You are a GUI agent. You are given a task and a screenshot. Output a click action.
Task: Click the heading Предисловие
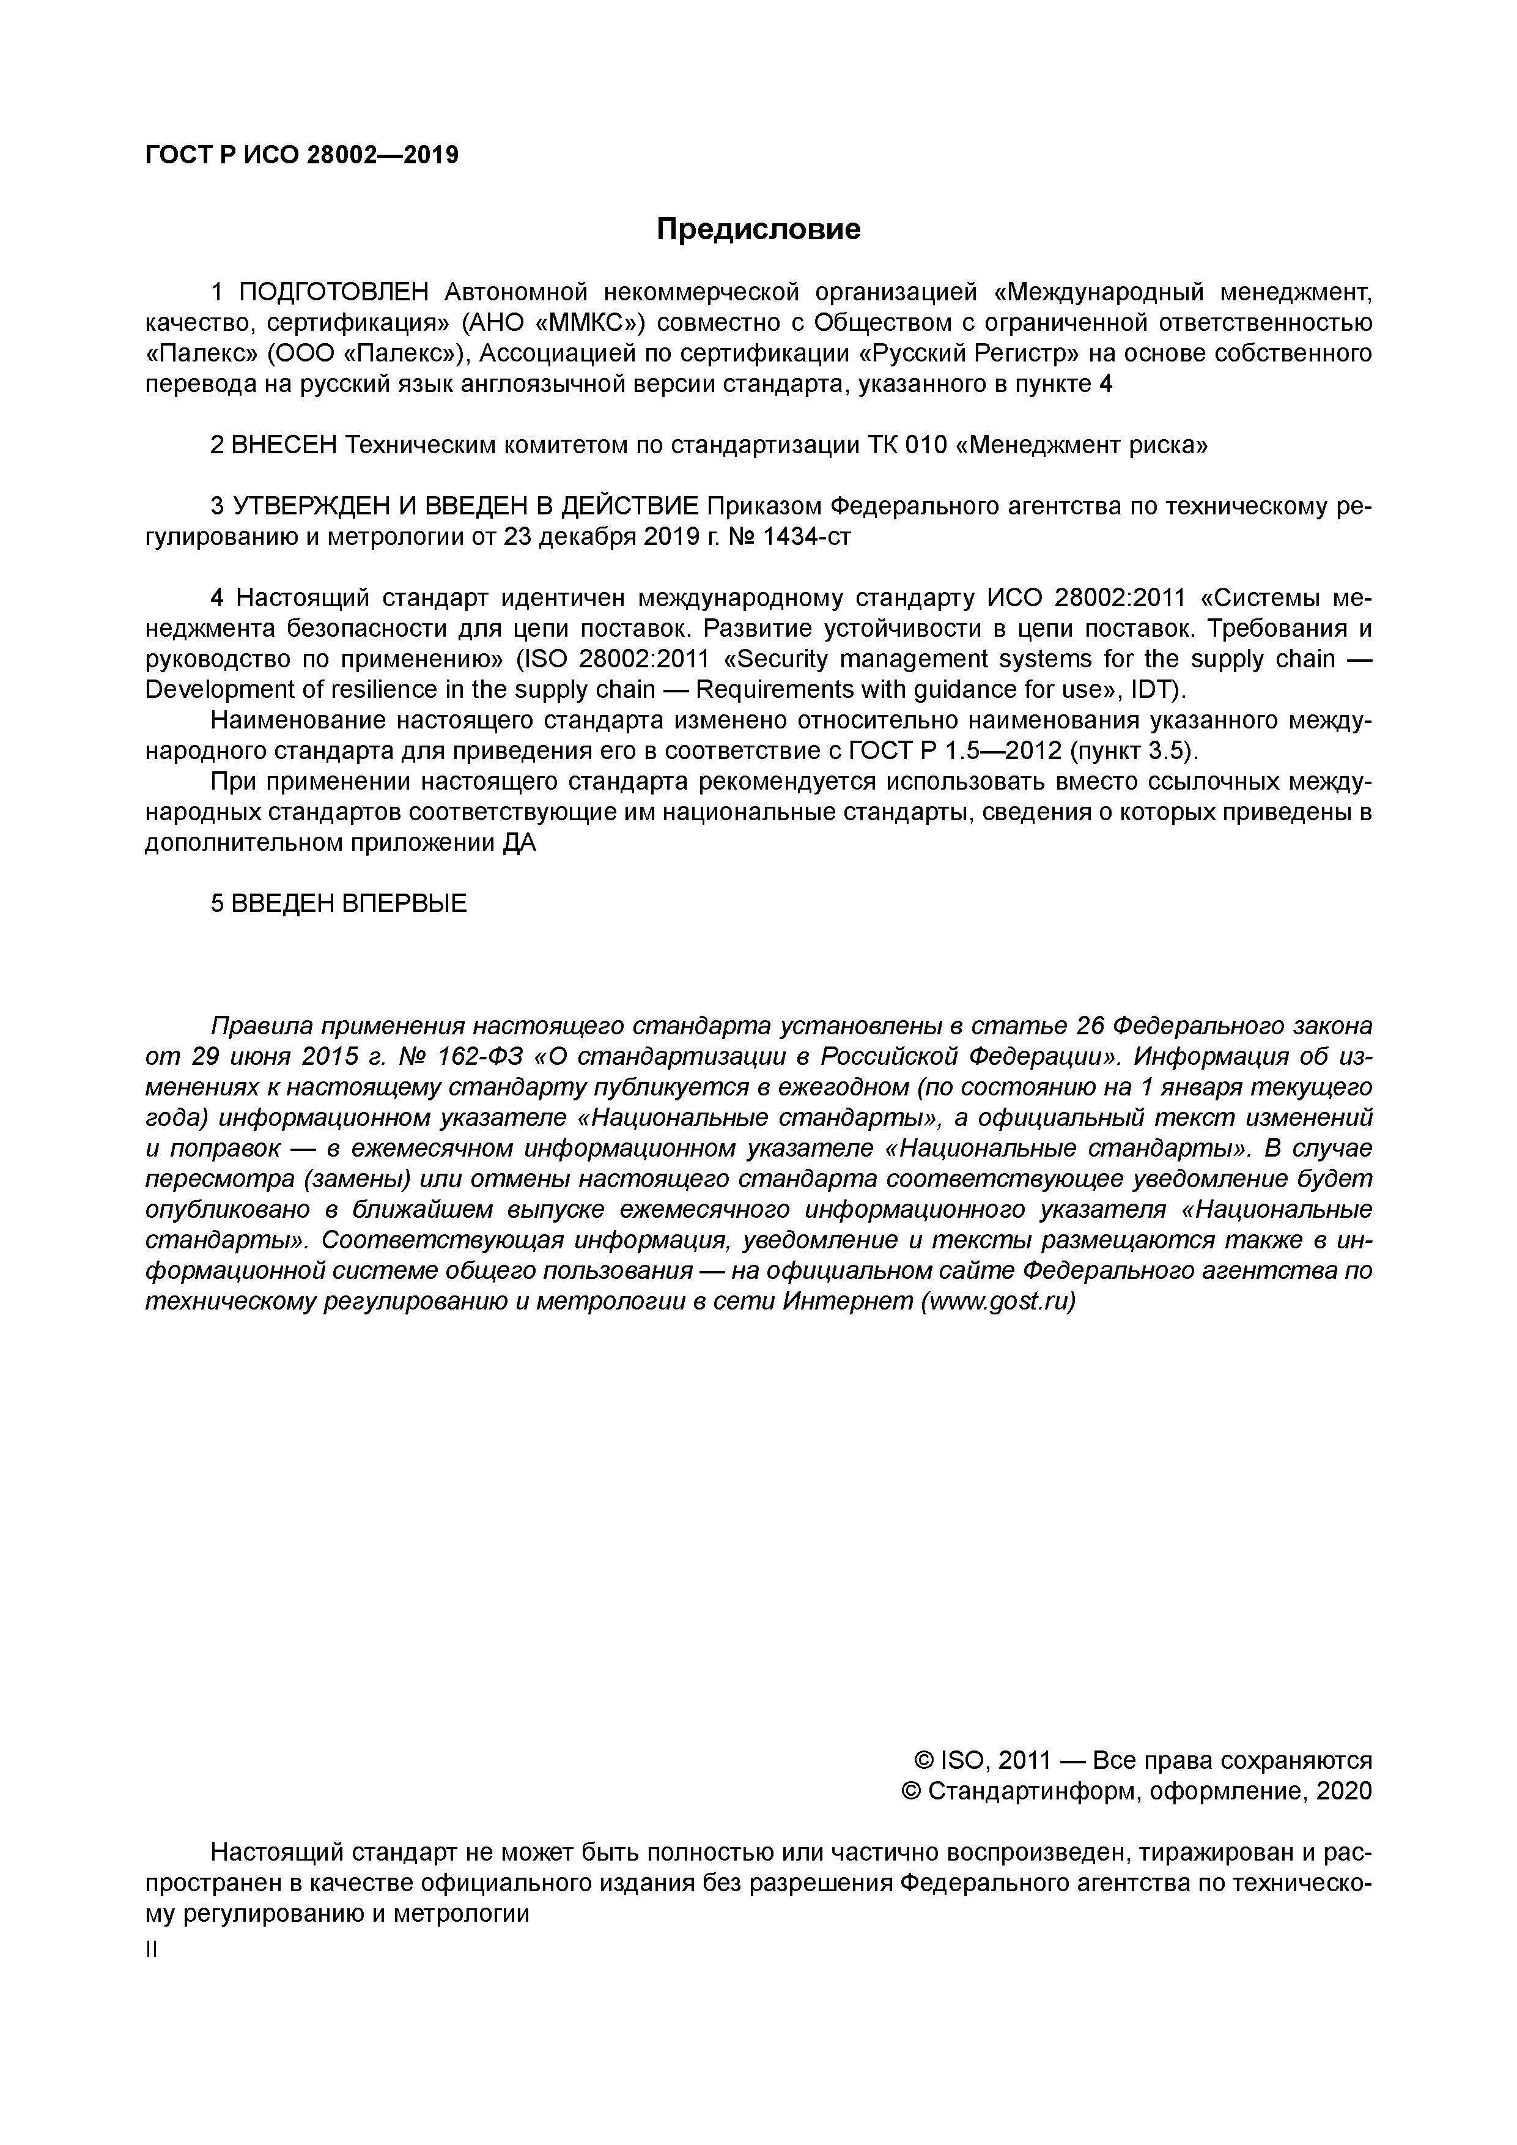[758, 229]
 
